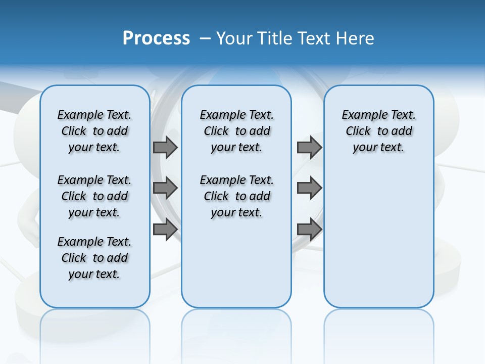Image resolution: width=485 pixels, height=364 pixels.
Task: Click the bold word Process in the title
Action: [156, 38]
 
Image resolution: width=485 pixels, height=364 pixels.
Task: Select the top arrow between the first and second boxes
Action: [165, 147]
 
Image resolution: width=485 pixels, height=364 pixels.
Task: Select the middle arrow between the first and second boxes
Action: [165, 189]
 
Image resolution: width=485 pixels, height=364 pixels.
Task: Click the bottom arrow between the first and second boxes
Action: [165, 230]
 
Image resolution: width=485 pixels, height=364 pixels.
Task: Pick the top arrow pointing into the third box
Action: [309, 147]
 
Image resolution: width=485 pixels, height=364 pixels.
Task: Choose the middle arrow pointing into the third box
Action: [309, 189]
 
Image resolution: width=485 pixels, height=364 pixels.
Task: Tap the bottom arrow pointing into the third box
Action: [309, 230]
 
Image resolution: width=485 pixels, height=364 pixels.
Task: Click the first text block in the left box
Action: [94, 131]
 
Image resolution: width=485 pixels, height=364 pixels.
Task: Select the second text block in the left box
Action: [94, 196]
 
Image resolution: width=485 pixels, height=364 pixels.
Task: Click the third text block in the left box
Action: [94, 258]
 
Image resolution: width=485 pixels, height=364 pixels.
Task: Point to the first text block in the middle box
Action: [236, 131]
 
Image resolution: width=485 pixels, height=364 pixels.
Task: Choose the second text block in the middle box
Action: [236, 196]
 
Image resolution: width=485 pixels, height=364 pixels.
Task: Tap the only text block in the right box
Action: [378, 131]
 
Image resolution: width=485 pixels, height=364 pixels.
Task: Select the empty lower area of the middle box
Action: [236, 263]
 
